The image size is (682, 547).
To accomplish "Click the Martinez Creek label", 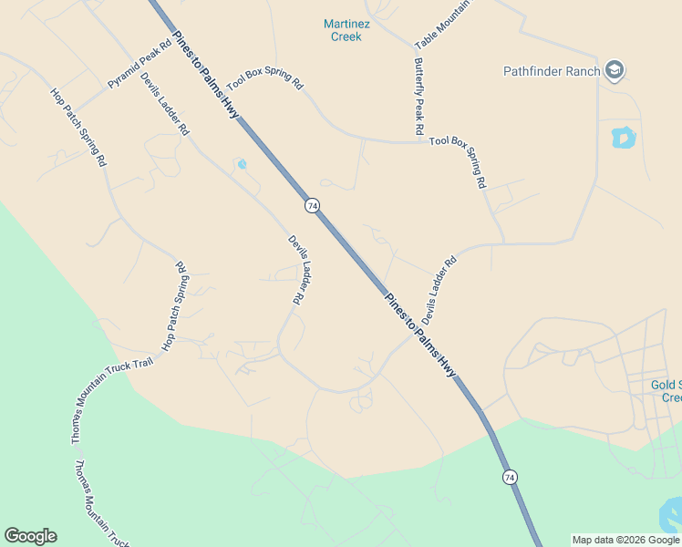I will [x=343, y=30].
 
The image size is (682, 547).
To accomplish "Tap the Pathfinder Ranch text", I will [x=552, y=71].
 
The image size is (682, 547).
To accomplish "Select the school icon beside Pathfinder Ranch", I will [x=615, y=71].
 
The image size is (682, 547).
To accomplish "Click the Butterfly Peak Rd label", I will [x=418, y=97].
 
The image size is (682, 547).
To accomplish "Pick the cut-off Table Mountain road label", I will [x=442, y=25].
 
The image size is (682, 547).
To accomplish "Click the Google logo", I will [x=30, y=536].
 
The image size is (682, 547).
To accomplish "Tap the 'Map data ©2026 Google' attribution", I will [x=625, y=540].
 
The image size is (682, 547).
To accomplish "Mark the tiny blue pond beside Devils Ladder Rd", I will [x=242, y=165].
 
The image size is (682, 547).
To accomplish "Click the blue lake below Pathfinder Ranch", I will [x=623, y=138].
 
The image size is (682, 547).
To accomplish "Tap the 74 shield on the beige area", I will [x=313, y=206].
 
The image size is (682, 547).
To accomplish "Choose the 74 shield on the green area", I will [x=510, y=477].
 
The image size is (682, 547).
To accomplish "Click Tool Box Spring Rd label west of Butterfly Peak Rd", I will [x=264, y=78].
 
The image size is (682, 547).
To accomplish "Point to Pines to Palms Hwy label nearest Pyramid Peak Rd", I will [x=205, y=74].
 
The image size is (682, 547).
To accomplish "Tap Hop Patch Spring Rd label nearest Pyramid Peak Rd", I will [x=78, y=127].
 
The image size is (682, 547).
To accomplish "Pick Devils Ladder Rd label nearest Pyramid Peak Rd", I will [x=164, y=104].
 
